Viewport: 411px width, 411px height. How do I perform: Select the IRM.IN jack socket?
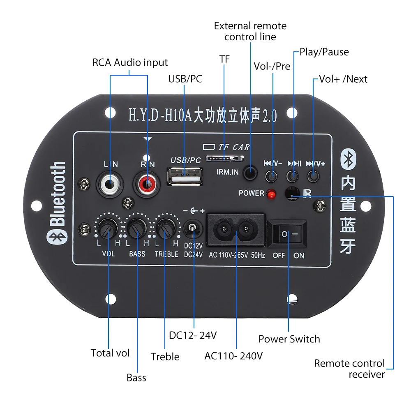250,173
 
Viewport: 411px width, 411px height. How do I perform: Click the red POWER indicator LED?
270,194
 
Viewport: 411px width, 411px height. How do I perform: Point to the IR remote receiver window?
293,192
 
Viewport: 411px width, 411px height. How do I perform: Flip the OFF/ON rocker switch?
287,234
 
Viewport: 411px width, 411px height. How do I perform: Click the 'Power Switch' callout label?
289,339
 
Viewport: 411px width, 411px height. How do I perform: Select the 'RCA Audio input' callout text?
130,62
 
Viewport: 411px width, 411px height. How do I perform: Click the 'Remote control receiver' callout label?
349,369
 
